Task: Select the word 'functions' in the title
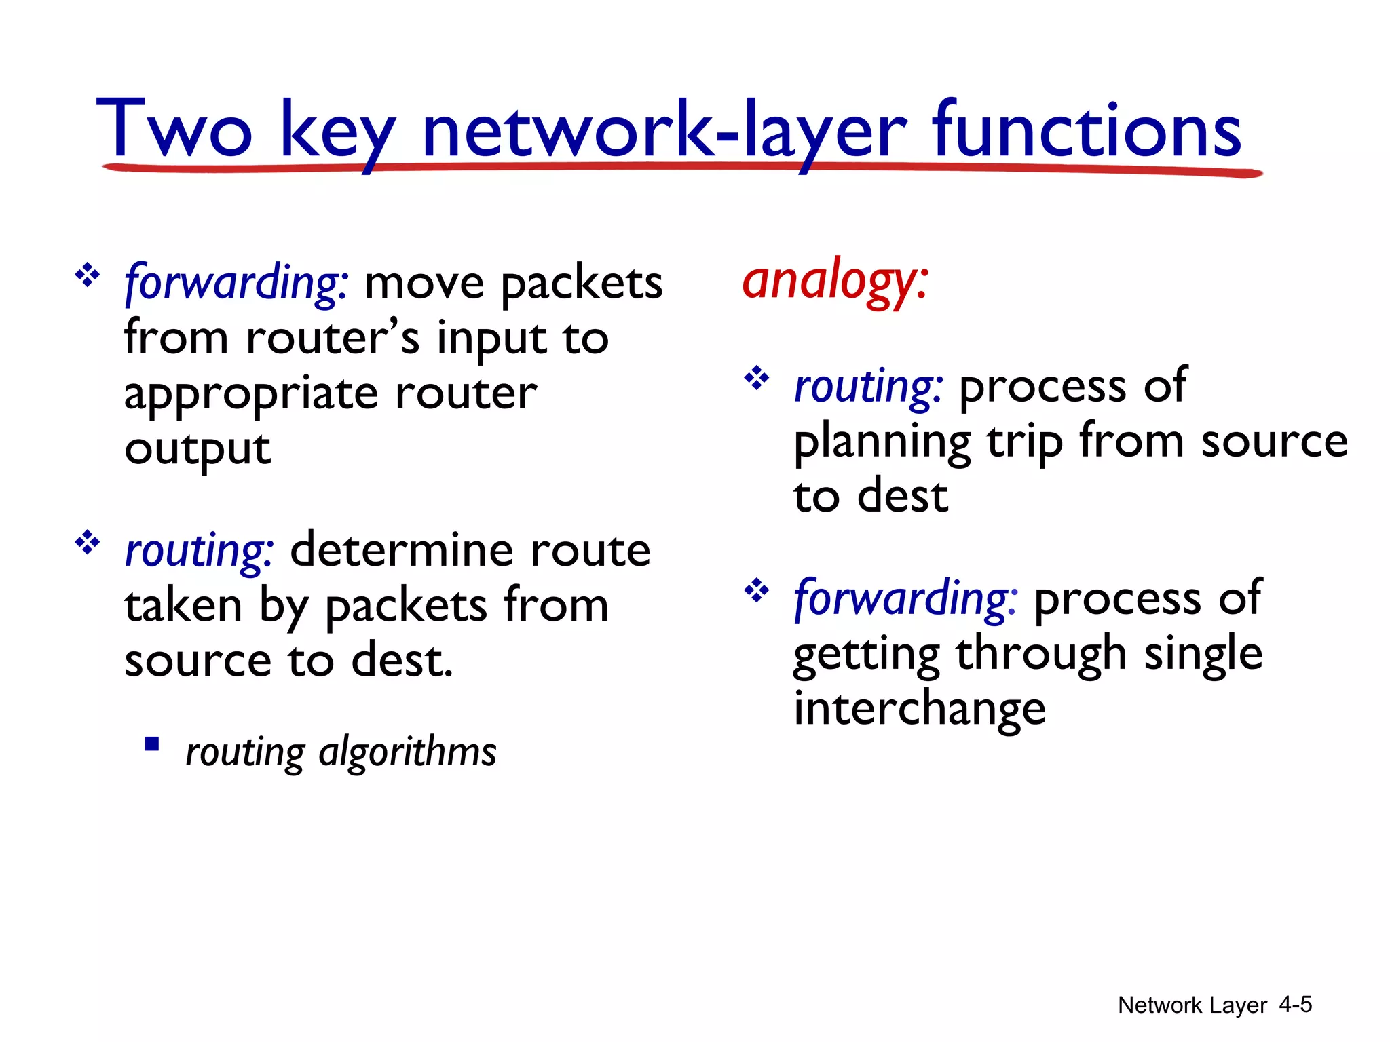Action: pos(1087,129)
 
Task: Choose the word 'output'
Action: pos(198,449)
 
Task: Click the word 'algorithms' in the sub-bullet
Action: pos(407,752)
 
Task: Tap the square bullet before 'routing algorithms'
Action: pos(152,744)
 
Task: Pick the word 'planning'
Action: pos(882,442)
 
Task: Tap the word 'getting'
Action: pos(866,655)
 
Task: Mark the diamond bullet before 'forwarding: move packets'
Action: pos(87,275)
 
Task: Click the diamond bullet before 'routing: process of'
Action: pos(757,378)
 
